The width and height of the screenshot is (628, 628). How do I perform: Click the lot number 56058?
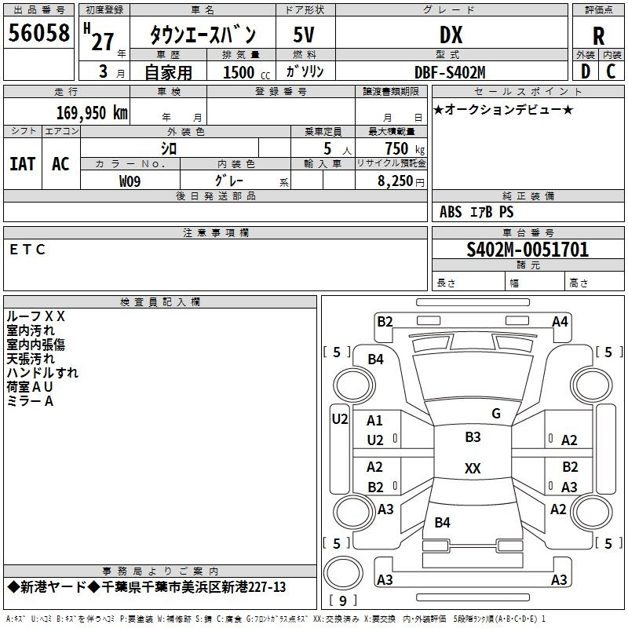(x=38, y=32)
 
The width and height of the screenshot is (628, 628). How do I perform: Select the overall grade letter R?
(x=598, y=36)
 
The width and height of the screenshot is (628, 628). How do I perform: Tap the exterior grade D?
(x=586, y=71)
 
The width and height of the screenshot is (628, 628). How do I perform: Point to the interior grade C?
(x=611, y=71)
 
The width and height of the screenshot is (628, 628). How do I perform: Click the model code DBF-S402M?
(x=450, y=72)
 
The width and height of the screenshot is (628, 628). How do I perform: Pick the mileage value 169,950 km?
(x=92, y=113)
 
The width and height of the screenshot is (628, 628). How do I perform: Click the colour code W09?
(x=130, y=181)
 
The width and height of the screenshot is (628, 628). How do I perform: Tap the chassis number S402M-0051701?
(x=528, y=250)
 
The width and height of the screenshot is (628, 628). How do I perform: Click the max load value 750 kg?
(x=404, y=148)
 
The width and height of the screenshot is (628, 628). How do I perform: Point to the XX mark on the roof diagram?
(x=473, y=468)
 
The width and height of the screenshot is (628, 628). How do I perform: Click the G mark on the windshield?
(x=496, y=413)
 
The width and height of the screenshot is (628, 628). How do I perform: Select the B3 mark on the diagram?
(x=473, y=436)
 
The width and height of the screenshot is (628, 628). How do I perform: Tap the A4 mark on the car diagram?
(x=560, y=322)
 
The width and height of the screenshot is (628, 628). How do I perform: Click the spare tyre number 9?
(x=343, y=601)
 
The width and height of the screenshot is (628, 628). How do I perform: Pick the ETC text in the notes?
(x=27, y=250)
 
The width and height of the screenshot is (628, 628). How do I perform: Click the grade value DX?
(x=451, y=35)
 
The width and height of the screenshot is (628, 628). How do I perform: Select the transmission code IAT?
(x=23, y=164)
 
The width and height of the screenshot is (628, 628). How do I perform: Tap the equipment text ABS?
(x=451, y=212)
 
